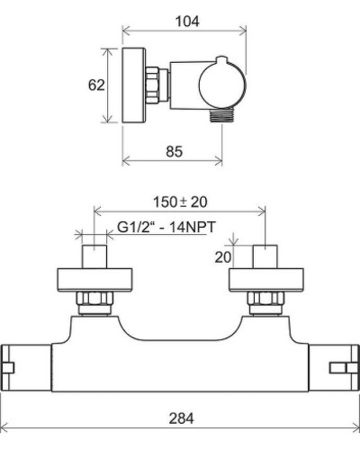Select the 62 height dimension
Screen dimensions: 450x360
tap(98, 85)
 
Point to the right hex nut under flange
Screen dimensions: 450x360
tap(265, 300)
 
